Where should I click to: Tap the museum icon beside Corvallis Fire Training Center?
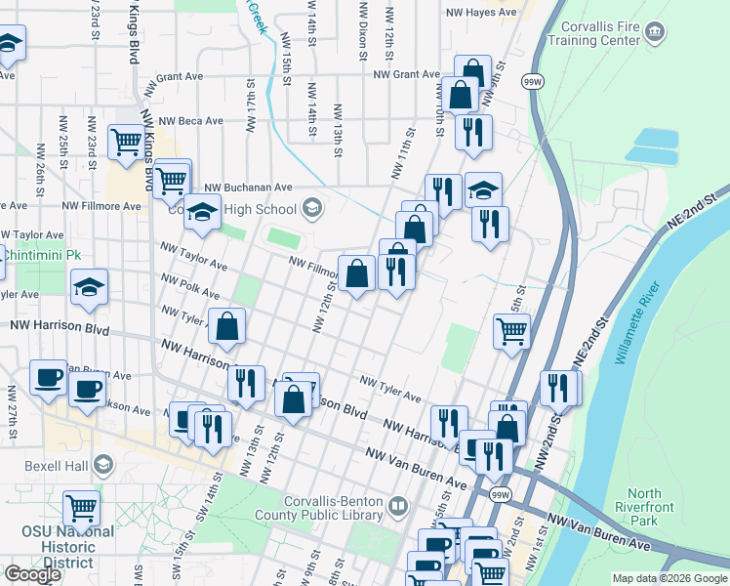tap(655, 31)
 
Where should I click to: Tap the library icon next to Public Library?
tap(397, 506)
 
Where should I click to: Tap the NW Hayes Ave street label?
tap(480, 13)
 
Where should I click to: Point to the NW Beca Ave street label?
tap(192, 121)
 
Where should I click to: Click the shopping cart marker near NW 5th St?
tap(511, 330)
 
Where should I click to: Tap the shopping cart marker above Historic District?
tap(81, 507)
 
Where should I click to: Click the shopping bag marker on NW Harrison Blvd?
tap(294, 398)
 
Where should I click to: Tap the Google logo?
tap(32, 574)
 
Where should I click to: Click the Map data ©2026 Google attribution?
tap(669, 578)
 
